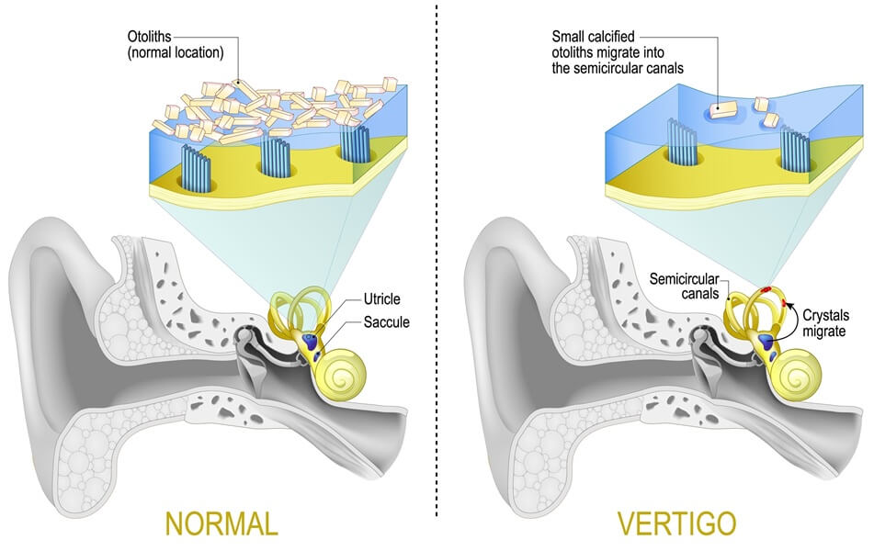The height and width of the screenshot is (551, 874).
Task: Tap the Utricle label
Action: click(383, 299)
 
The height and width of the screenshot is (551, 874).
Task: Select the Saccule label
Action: click(387, 322)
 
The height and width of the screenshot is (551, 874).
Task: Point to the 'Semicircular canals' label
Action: click(687, 284)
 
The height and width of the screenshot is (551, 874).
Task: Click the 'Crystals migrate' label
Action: click(823, 322)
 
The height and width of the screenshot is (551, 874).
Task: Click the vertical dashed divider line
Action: click(437, 275)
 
